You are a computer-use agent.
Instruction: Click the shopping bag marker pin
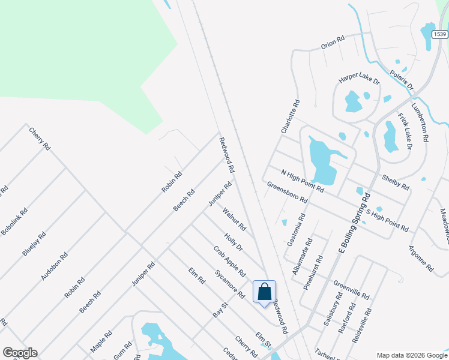(264, 293)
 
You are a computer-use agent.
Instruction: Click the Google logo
(20, 353)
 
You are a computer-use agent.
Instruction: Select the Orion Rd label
(333, 42)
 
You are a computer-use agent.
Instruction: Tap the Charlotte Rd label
(289, 116)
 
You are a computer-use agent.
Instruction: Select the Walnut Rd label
(234, 219)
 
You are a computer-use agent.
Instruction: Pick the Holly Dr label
(233, 242)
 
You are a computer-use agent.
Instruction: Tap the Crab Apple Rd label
(230, 261)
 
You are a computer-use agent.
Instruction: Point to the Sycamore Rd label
(229, 284)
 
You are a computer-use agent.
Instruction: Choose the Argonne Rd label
(421, 259)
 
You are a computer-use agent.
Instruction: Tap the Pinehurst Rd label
(313, 272)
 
